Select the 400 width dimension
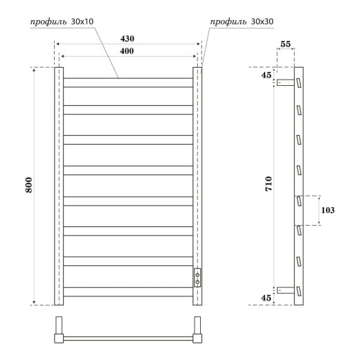(x=126, y=53)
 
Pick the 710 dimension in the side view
(x=269, y=184)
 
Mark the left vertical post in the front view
(x=58, y=186)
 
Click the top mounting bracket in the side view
(x=285, y=82)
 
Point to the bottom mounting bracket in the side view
(x=285, y=289)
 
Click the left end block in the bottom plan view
(x=58, y=331)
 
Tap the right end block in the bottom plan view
(x=198, y=331)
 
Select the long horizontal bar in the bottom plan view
(x=128, y=339)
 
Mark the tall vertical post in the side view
(x=299, y=186)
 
